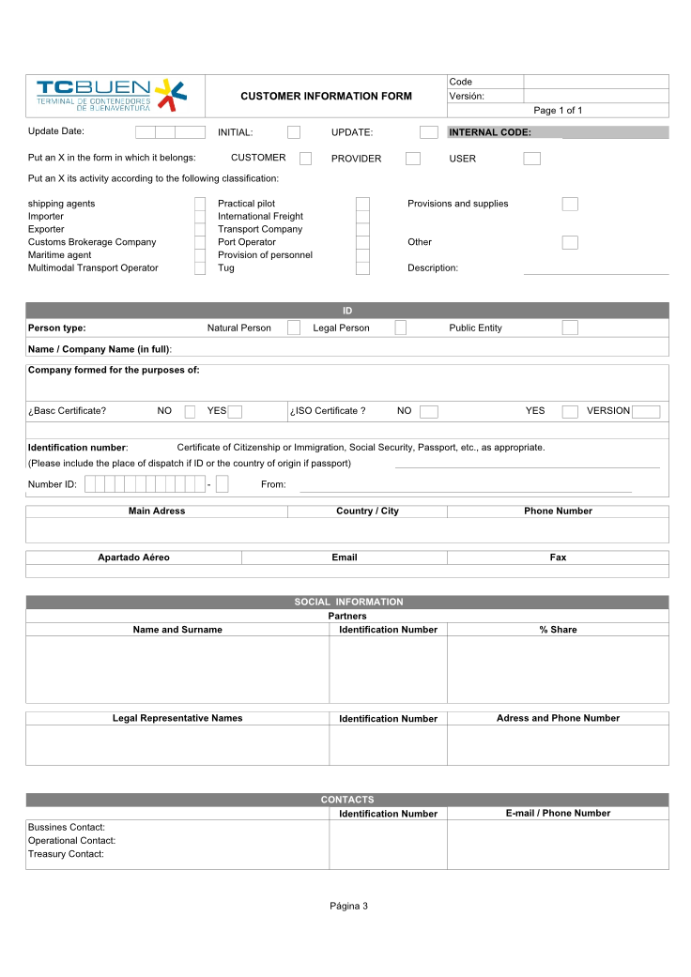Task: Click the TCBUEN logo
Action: coord(112,95)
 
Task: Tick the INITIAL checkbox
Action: coord(294,132)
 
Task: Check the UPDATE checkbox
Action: coord(428,132)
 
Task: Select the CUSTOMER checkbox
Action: coord(305,159)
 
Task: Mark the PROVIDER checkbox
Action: coord(413,159)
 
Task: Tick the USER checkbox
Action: coord(531,159)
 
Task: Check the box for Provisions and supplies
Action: coord(569,204)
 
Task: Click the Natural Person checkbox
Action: coord(294,328)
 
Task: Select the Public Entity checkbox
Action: coord(569,328)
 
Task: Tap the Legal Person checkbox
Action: coord(401,328)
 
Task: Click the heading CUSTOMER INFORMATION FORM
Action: coord(326,97)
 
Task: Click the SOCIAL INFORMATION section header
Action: coord(347,603)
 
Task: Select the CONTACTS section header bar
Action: coord(347,800)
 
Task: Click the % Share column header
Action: coord(558,630)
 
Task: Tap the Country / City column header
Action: coord(367,511)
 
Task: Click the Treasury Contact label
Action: coord(66,854)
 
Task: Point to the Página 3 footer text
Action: coord(348,906)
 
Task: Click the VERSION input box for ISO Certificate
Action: coord(646,411)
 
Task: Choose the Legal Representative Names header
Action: coord(177,718)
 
